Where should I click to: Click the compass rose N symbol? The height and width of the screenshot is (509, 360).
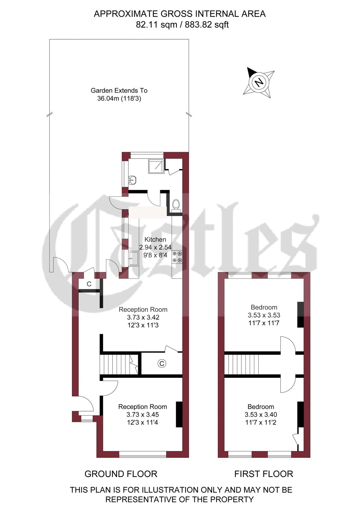[259, 82]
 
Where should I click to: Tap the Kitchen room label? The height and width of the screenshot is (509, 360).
[155, 239]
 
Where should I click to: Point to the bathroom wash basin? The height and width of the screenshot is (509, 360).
[132, 180]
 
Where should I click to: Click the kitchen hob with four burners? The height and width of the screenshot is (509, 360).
[177, 257]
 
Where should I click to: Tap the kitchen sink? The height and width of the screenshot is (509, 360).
[133, 258]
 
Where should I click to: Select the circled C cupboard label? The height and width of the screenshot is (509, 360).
[162, 363]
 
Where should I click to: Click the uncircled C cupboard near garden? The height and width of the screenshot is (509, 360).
[89, 284]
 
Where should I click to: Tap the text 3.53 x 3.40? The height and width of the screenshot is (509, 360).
[261, 415]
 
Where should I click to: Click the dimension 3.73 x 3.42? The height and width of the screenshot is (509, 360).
[143, 317]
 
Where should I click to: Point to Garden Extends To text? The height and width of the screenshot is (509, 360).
[119, 90]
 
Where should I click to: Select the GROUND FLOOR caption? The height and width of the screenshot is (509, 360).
[121, 474]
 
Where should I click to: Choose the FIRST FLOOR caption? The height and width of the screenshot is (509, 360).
[263, 474]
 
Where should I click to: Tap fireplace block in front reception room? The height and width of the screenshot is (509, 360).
[179, 414]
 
